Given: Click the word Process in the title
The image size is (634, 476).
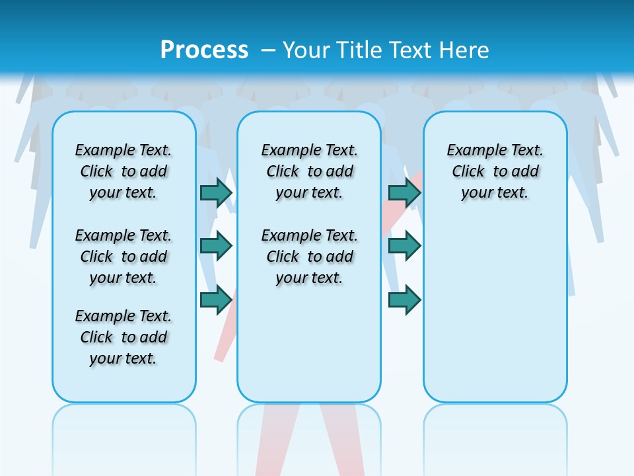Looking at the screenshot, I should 204,50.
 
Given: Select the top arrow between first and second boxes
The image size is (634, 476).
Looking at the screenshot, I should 216,192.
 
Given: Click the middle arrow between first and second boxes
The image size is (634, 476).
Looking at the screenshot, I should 216,246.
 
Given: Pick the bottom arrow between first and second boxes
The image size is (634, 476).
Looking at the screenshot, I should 216,299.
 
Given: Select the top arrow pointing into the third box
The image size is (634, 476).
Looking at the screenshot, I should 404,192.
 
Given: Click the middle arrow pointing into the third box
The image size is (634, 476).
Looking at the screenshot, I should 404,246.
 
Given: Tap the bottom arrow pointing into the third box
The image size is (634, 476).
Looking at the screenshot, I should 404,299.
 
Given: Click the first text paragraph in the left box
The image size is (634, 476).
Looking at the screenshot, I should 123,171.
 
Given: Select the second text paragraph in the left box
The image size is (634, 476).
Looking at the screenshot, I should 123,257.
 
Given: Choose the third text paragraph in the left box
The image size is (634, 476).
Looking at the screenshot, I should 123,337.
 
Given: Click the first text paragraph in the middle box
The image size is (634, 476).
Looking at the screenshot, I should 310,171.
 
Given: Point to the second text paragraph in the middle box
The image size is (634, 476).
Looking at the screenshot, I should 310,257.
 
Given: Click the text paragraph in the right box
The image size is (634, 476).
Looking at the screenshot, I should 495,171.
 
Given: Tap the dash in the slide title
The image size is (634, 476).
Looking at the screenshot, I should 268,50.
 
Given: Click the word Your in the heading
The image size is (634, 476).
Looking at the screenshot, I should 306,50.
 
